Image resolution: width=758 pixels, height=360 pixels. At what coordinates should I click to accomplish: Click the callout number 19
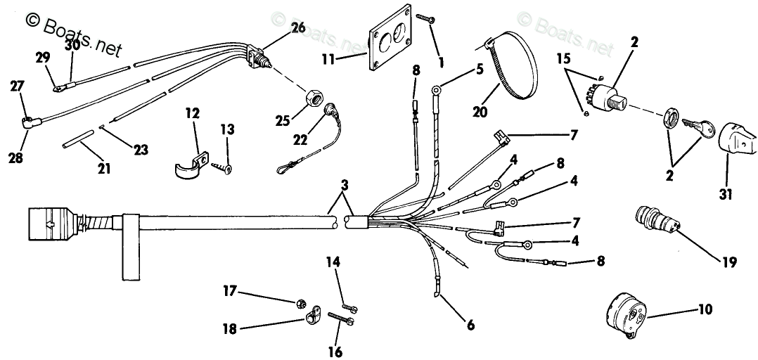728,262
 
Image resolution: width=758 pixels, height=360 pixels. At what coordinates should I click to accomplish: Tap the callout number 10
705,309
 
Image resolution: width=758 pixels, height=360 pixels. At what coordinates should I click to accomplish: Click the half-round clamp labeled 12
188,165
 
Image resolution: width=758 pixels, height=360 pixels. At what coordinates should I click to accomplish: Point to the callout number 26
297,28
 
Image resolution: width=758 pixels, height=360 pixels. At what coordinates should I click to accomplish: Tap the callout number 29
42,57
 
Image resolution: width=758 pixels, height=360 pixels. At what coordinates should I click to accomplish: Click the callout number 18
230,328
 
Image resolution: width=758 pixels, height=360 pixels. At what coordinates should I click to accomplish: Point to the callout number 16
334,351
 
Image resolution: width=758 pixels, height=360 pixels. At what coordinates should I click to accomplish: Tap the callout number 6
470,325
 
